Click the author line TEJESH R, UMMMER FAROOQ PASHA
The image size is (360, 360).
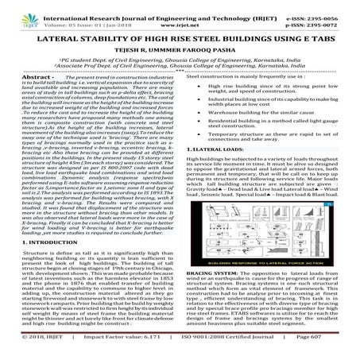(x=180, y=52)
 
